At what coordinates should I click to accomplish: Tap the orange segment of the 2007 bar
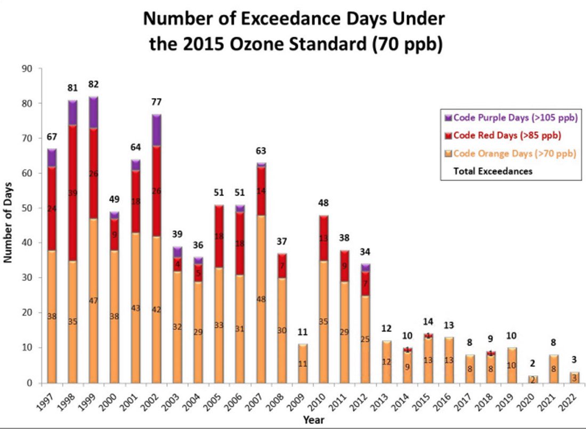click(x=261, y=298)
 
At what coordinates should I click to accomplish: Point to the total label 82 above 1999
click(x=93, y=84)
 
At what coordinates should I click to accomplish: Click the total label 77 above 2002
click(x=156, y=102)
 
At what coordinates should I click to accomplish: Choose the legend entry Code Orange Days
click(x=508, y=153)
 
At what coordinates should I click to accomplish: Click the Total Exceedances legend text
click(x=493, y=171)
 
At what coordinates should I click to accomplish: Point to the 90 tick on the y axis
click(x=27, y=68)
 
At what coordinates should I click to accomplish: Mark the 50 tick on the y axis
click(x=27, y=208)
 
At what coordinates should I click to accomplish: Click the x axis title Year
click(x=313, y=419)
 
